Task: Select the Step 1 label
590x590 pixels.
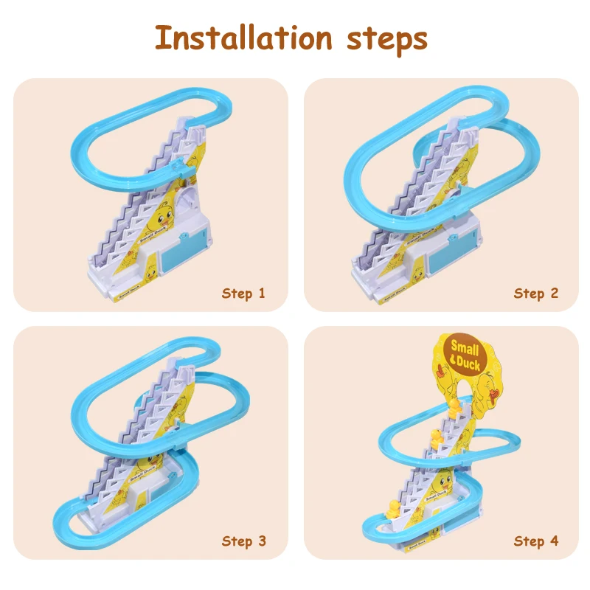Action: coord(243,294)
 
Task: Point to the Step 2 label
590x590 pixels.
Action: coord(536,294)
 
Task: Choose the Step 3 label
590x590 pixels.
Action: coord(243,541)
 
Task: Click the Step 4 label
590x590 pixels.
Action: coord(536,541)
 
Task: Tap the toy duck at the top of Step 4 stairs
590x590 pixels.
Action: coord(454,406)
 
